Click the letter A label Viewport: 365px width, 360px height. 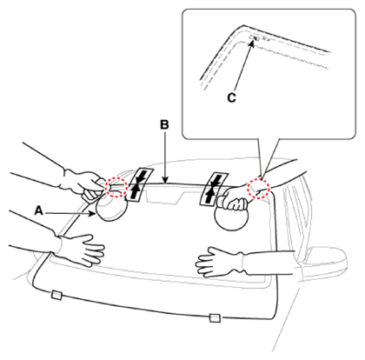click(38, 210)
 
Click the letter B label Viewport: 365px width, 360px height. click(164, 124)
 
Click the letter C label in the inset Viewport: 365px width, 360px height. click(231, 98)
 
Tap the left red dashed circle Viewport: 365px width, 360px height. click(116, 188)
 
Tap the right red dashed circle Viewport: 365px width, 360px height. click(258, 189)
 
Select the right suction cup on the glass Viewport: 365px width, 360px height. click(231, 217)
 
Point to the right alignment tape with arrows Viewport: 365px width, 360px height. click(214, 190)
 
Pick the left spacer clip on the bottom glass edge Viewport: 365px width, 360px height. click(56, 295)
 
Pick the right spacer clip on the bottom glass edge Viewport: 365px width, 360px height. click(215, 318)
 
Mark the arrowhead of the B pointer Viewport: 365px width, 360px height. click(164, 181)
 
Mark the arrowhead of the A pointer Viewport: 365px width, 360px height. click(93, 214)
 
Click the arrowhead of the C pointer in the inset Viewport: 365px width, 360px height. click(252, 43)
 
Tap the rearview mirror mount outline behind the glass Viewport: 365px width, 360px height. click(164, 196)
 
